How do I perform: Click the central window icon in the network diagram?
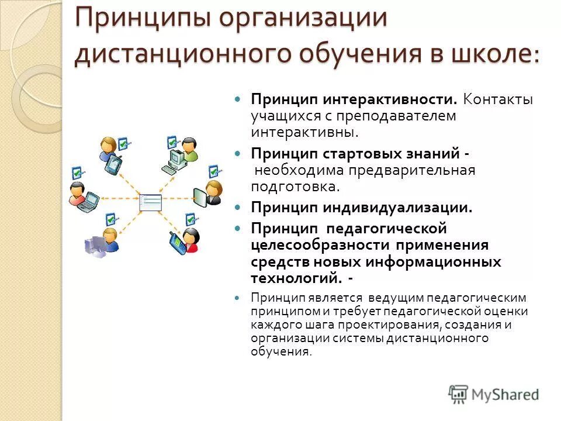(x=150, y=202)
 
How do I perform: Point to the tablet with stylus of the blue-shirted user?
(x=112, y=164)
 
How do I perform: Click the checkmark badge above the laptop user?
(x=77, y=172)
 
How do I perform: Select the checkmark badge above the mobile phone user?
(x=190, y=219)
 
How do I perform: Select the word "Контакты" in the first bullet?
(x=498, y=99)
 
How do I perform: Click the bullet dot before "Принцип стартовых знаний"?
(x=237, y=153)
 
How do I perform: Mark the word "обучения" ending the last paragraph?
(x=280, y=351)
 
